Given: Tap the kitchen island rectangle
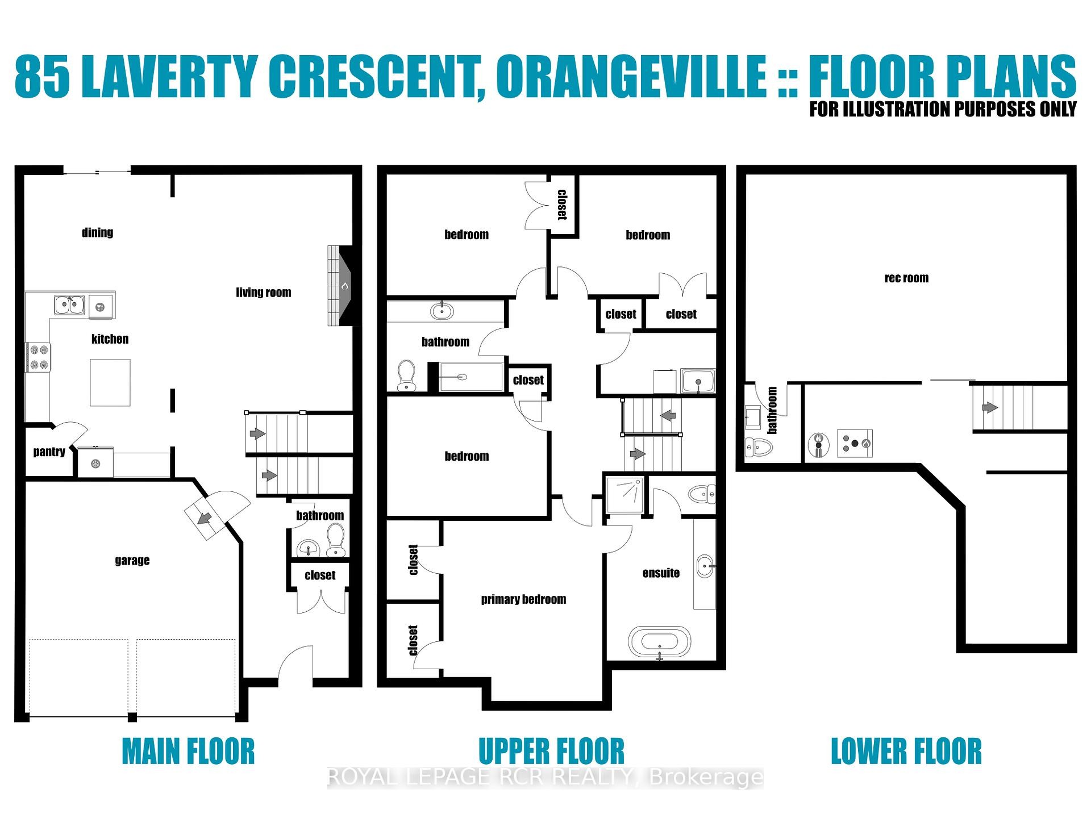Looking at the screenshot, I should coord(110,382).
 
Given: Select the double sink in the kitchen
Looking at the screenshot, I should coord(69,304).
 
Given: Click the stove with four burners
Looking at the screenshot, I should coord(38,357).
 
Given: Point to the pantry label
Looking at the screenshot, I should coord(49,452).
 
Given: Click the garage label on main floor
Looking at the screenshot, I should coord(132,560).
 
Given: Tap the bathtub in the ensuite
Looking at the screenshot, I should coord(660,642).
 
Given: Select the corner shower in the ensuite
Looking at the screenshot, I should coord(625,494).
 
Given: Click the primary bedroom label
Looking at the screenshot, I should coord(523,599).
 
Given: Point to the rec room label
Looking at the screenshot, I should coord(906,278).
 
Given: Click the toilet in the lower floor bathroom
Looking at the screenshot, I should coord(759,447).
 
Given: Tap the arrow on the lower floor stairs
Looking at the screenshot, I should coord(990,407).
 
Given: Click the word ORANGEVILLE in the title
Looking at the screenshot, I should coord(631,77).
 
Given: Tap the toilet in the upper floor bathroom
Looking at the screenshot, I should coord(406,375).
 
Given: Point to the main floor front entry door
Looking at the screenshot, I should coord(295,662).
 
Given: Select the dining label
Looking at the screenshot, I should coord(97,232).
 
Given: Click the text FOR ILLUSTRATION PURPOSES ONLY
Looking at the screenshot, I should coord(943,108).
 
